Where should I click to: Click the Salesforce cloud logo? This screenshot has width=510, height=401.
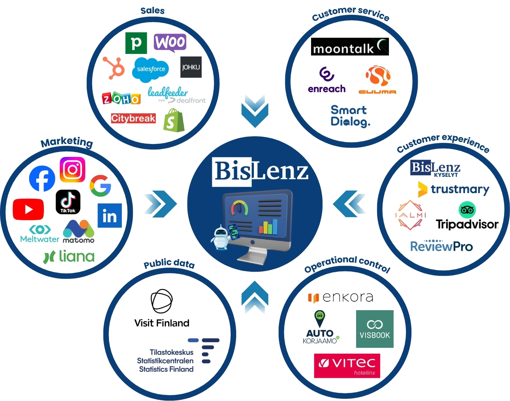pos(151,70)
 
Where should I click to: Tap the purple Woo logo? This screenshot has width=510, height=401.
pos(170,43)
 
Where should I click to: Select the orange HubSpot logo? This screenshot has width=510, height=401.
pos(114,68)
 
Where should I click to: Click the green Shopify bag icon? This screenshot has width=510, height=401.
pos(174,120)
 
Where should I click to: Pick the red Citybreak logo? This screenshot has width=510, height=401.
pos(133,118)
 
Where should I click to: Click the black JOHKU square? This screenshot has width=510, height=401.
pos(191,67)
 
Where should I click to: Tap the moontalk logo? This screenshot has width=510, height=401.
pos(350,47)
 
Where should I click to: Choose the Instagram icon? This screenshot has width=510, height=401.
pos(73,169)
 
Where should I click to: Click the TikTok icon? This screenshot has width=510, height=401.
pos(68,202)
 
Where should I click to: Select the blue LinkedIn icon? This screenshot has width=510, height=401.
pos(110,216)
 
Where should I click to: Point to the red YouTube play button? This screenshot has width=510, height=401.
pos(28,209)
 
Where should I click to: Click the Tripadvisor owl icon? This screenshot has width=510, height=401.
pos(467,210)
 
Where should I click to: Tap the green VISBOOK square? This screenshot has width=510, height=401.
pos(375,329)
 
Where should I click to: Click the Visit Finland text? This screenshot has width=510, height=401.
pos(162,323)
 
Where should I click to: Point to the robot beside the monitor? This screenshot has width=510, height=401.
pos(221,237)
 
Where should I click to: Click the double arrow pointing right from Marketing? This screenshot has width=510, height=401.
pos(160,204)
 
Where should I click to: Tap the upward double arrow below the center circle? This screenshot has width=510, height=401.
pos(255,297)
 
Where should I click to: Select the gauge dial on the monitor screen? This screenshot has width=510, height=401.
pos(240,208)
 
